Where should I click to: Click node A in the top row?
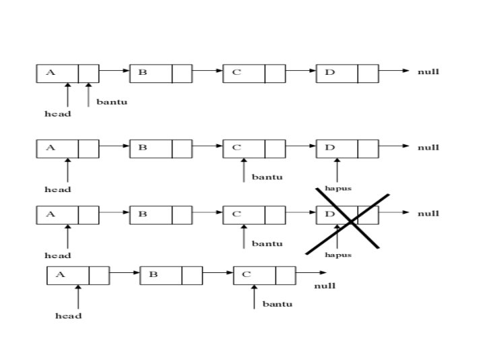click(x=67, y=73)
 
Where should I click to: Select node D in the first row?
click(x=346, y=73)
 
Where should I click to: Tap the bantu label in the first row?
click(x=112, y=102)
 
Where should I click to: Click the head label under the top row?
click(x=58, y=114)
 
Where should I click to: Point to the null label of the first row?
click(x=428, y=71)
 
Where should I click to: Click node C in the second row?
click(x=253, y=148)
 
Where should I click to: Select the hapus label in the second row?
click(x=338, y=188)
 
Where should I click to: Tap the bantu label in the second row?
click(x=267, y=177)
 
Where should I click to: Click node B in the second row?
click(x=160, y=148)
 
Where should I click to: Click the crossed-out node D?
click(x=346, y=214)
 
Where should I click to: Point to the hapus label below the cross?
click(x=338, y=255)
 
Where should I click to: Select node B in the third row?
click(x=160, y=214)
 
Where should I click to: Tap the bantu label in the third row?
click(x=267, y=243)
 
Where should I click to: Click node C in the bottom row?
click(x=264, y=275)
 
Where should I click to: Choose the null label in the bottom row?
click(x=325, y=286)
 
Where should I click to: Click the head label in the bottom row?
click(x=68, y=315)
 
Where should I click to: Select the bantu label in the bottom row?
click(x=278, y=304)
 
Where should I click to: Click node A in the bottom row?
click(x=78, y=275)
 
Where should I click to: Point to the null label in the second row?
click(x=428, y=147)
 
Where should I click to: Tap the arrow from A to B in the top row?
click(x=115, y=70)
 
